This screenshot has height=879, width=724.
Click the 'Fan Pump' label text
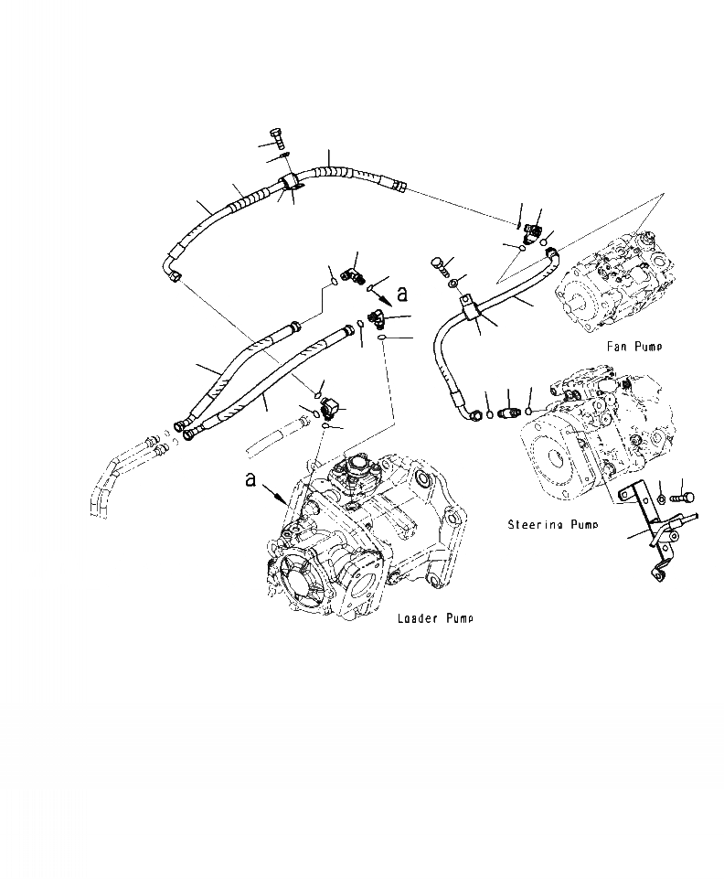coord(633,347)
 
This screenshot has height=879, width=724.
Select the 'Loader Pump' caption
coord(435,619)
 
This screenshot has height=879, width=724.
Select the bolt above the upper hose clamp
coord(280,138)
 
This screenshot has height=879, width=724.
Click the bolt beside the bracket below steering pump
coord(685,498)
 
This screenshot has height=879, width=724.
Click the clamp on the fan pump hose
coord(473,308)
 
